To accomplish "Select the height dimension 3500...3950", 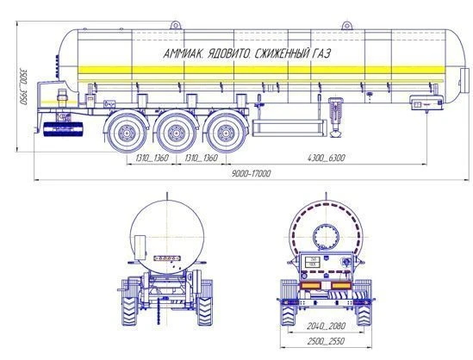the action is point(23,87).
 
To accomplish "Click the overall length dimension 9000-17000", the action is point(252,174).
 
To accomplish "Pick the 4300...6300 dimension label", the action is point(326,158).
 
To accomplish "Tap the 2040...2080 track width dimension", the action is point(326,326).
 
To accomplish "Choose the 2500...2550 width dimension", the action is point(326,341).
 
